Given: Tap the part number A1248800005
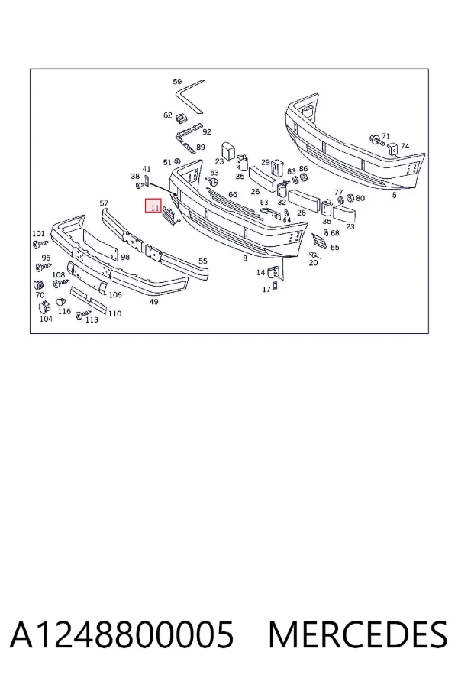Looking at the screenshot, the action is (122, 634).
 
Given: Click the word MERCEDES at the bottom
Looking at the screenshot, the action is (358, 634).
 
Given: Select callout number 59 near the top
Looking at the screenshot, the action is (177, 81).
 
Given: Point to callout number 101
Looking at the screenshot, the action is (39, 233).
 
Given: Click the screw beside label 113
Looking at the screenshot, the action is (82, 314).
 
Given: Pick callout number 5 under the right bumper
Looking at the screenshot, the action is (394, 195).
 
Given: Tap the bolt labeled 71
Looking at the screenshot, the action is (376, 141).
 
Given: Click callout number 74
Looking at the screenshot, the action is (405, 146).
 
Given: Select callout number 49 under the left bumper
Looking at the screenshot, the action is (154, 302).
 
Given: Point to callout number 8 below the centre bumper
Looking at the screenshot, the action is (244, 258).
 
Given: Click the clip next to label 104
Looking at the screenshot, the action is (44, 307).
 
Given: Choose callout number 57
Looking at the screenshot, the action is (104, 203).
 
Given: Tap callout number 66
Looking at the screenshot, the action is (233, 194).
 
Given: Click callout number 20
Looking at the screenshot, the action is (313, 262).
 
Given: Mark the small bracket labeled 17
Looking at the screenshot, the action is (274, 287).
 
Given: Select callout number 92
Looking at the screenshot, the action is (207, 131).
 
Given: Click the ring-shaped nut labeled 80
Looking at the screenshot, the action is (350, 198).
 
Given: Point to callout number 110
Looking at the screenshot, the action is (114, 313).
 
